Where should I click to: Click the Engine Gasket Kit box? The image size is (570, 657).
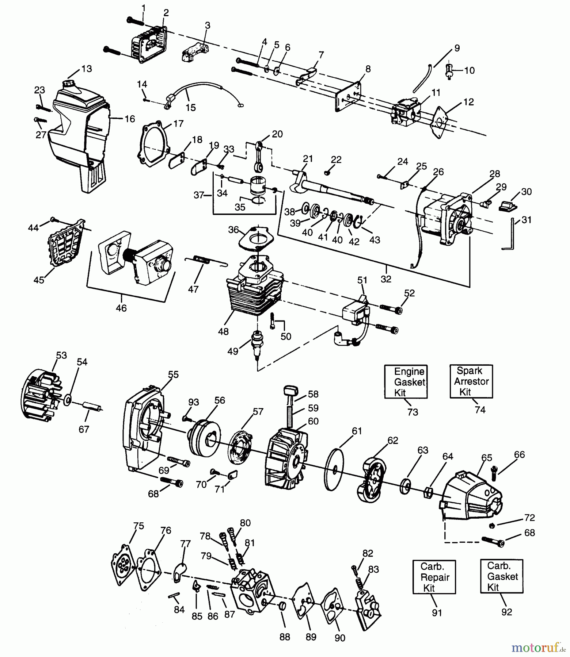(406, 382)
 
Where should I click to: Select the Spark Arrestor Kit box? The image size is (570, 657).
(471, 381)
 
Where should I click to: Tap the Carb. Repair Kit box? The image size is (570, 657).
(434, 577)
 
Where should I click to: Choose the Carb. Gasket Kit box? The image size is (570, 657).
(501, 576)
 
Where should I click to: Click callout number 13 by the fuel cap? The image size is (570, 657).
(87, 69)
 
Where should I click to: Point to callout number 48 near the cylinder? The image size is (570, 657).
(223, 331)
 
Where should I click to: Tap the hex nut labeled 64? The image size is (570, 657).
(428, 493)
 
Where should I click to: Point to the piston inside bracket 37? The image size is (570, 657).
(259, 186)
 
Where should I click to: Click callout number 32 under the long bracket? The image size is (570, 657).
(386, 279)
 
